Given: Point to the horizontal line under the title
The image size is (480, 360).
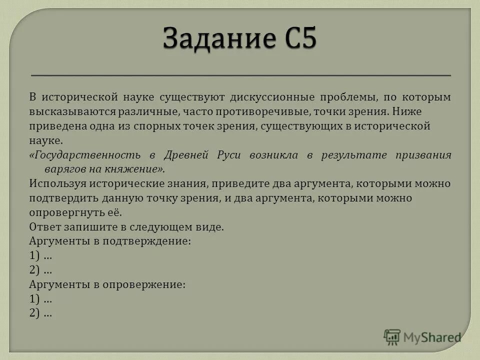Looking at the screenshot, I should click(x=240, y=75).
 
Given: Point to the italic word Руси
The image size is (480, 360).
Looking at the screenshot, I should click(x=229, y=155).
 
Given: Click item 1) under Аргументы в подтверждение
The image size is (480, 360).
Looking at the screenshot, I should click(x=35, y=256).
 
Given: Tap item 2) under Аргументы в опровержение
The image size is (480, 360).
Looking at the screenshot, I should click(x=35, y=313).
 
